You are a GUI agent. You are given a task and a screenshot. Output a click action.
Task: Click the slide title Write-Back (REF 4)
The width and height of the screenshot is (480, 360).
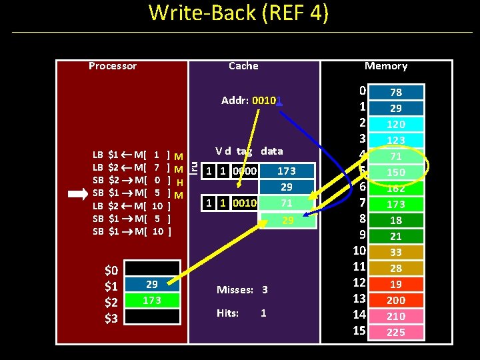coord(239,14)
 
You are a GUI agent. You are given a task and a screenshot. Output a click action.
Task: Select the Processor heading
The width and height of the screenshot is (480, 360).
coord(113,66)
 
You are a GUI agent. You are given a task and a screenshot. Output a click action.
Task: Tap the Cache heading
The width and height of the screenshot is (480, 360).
coord(243,66)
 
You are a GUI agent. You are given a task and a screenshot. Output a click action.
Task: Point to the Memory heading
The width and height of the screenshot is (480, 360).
coord(386,66)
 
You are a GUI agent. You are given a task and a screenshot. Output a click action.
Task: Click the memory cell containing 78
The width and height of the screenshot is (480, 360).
coord(396,93)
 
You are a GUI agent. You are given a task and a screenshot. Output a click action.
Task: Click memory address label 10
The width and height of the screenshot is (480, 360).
coord(360,251)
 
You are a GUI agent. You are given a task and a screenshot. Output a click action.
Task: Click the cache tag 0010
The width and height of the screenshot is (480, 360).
coord(245,203)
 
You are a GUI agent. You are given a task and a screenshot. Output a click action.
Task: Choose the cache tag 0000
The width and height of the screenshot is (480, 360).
coord(245,171)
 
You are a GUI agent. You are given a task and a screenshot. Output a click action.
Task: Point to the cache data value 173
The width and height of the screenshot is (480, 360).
coord(287,171)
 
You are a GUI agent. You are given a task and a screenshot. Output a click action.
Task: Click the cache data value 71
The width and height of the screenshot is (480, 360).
coord(287,203)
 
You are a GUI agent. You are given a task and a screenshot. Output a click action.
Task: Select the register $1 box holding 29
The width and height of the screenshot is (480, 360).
coord(152,285)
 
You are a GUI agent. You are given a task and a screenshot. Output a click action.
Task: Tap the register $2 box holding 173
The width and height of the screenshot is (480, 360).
coord(152,301)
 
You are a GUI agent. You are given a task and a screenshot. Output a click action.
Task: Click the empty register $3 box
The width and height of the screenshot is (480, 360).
coord(152,317)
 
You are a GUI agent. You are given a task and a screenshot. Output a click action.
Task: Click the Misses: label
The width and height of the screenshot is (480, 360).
coord(235,290)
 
